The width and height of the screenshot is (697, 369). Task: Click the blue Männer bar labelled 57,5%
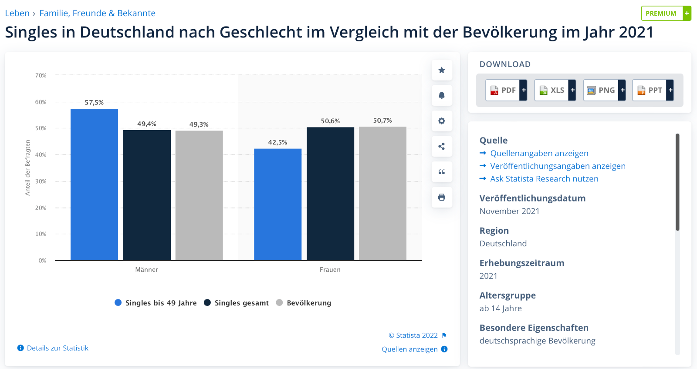(x=94, y=184)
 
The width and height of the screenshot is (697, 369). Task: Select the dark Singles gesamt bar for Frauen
(x=330, y=194)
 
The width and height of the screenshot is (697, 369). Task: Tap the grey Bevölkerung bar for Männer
(x=199, y=195)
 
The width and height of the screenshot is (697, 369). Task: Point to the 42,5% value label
(x=277, y=142)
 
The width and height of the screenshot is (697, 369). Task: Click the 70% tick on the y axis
(x=41, y=75)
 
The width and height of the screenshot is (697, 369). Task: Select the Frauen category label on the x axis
(x=330, y=270)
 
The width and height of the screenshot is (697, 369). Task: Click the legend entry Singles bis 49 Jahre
(x=156, y=303)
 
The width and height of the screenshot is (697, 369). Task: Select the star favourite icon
(x=442, y=70)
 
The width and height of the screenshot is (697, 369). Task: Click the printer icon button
(x=442, y=197)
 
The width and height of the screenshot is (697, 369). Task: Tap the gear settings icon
(x=442, y=121)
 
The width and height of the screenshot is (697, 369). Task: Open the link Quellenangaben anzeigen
(x=539, y=153)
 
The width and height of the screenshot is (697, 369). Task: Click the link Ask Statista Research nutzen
(x=544, y=179)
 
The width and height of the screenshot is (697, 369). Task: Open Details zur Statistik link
(x=57, y=348)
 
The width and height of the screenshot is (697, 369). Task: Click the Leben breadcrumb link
(x=17, y=13)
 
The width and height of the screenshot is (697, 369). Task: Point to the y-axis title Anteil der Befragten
(x=28, y=168)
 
